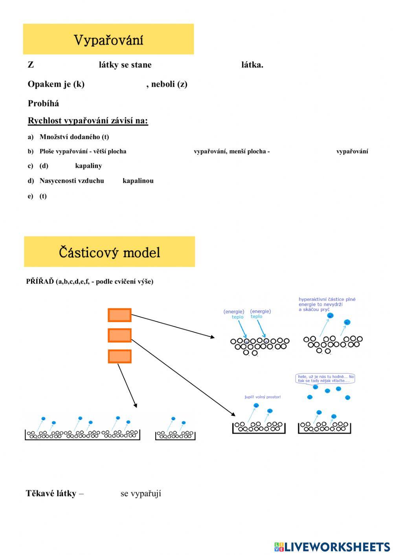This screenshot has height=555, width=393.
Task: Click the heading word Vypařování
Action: (x=108, y=40)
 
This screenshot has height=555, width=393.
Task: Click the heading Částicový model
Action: (x=109, y=252)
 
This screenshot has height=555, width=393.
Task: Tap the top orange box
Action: (x=119, y=315)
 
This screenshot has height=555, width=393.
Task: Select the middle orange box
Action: (x=119, y=335)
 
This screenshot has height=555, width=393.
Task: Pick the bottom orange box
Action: (x=119, y=356)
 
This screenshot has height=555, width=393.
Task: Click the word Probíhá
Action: (x=43, y=103)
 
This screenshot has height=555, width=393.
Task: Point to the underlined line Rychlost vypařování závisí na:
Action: (x=88, y=121)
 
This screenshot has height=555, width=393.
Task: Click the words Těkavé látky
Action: (x=51, y=493)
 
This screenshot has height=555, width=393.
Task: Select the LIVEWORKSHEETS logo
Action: (x=332, y=547)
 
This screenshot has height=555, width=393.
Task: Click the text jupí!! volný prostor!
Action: (x=263, y=397)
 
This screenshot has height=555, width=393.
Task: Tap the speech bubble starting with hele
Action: (x=325, y=378)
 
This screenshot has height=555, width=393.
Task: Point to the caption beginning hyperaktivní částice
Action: (x=327, y=304)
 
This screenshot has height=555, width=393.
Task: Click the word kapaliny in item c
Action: (x=88, y=166)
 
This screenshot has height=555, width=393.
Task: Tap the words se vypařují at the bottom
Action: (x=141, y=493)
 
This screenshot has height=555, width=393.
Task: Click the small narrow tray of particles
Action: (x=175, y=435)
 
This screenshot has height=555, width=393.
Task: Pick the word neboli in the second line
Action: (x=163, y=84)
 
